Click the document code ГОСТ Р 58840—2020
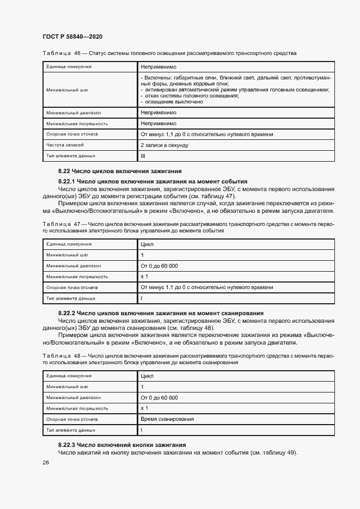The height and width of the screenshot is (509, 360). point(72,36)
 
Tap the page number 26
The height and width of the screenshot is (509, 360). point(46,462)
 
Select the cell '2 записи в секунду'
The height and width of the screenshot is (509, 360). point(164,145)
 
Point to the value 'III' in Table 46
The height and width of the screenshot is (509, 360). point(143,156)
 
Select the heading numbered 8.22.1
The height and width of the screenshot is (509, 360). point(152,181)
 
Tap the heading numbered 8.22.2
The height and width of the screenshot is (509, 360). point(161,313)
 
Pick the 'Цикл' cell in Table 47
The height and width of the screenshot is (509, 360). point(147,244)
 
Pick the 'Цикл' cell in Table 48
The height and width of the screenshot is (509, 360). point(147,376)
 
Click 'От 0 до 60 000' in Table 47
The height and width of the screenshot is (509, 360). point(159,266)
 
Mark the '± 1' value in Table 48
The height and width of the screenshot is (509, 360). point(144,408)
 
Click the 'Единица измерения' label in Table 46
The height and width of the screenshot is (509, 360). point(68,66)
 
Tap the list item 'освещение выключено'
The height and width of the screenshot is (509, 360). point(174,101)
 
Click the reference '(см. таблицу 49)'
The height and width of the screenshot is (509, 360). point(273,453)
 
